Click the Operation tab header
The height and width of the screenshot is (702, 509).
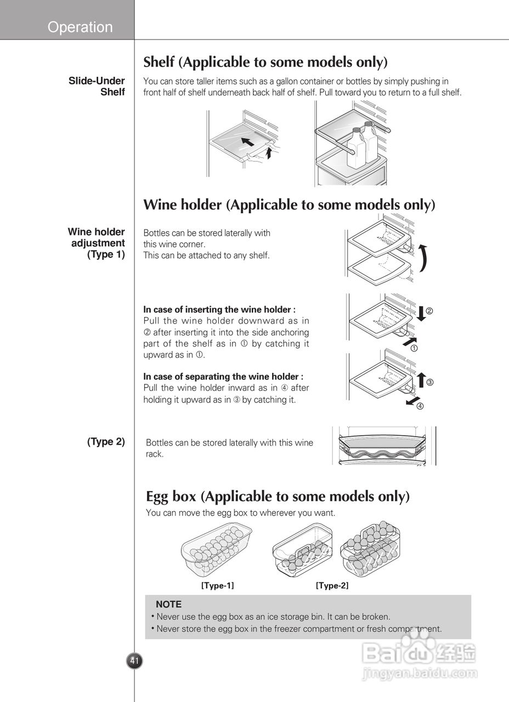80,27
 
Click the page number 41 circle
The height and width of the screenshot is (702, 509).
134,661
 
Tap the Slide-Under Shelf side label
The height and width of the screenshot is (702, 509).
97,87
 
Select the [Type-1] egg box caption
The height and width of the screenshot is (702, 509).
217,586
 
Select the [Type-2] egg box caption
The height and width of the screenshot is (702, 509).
332,586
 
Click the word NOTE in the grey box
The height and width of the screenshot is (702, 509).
168,604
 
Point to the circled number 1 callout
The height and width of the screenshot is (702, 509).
414,348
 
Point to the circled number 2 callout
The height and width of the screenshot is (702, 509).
429,311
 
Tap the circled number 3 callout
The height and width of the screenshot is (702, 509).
430,382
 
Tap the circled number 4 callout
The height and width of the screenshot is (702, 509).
420,406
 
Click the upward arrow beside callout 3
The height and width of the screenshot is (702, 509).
421,380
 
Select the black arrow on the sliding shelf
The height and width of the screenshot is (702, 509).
248,143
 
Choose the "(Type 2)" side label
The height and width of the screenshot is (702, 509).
106,441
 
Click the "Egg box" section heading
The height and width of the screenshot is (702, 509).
278,497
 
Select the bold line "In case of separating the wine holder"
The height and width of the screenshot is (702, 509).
223,376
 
